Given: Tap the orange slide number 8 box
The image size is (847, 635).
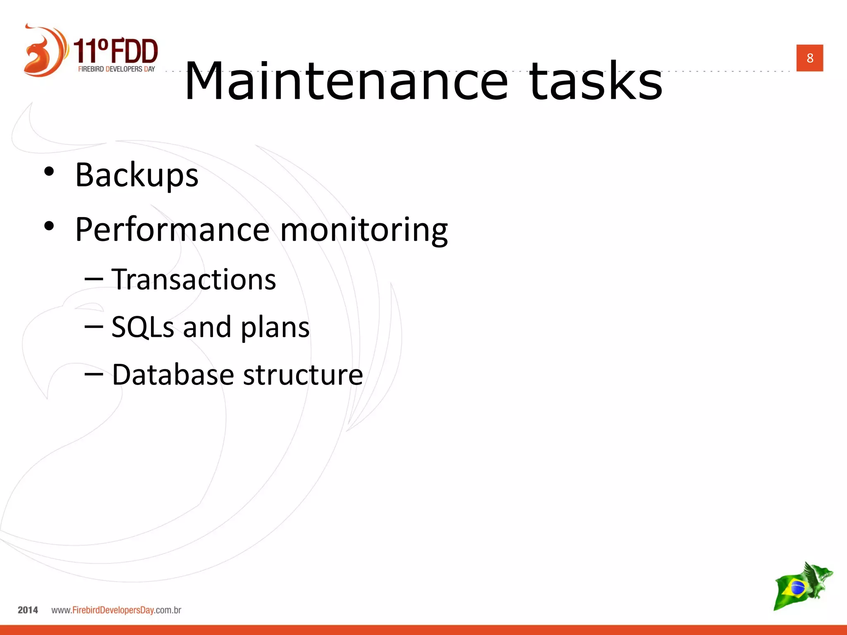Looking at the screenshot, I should [809, 58].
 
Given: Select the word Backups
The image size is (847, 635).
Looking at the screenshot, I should [137, 175].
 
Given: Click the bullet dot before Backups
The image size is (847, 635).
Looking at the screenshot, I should [49, 172].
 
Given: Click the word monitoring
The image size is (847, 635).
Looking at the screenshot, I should [364, 230].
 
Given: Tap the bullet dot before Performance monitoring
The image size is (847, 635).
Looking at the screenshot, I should [49, 226].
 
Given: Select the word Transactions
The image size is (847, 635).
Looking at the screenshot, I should [194, 279].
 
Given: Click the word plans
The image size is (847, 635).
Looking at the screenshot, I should [275, 327].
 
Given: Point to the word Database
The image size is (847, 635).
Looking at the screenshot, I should [173, 375].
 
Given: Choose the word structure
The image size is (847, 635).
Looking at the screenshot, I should [303, 375].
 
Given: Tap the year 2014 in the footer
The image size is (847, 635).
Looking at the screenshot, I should [28, 610].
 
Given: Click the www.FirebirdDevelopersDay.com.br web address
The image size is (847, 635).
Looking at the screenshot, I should [116, 610].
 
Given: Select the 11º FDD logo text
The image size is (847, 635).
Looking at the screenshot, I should [116, 51].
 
